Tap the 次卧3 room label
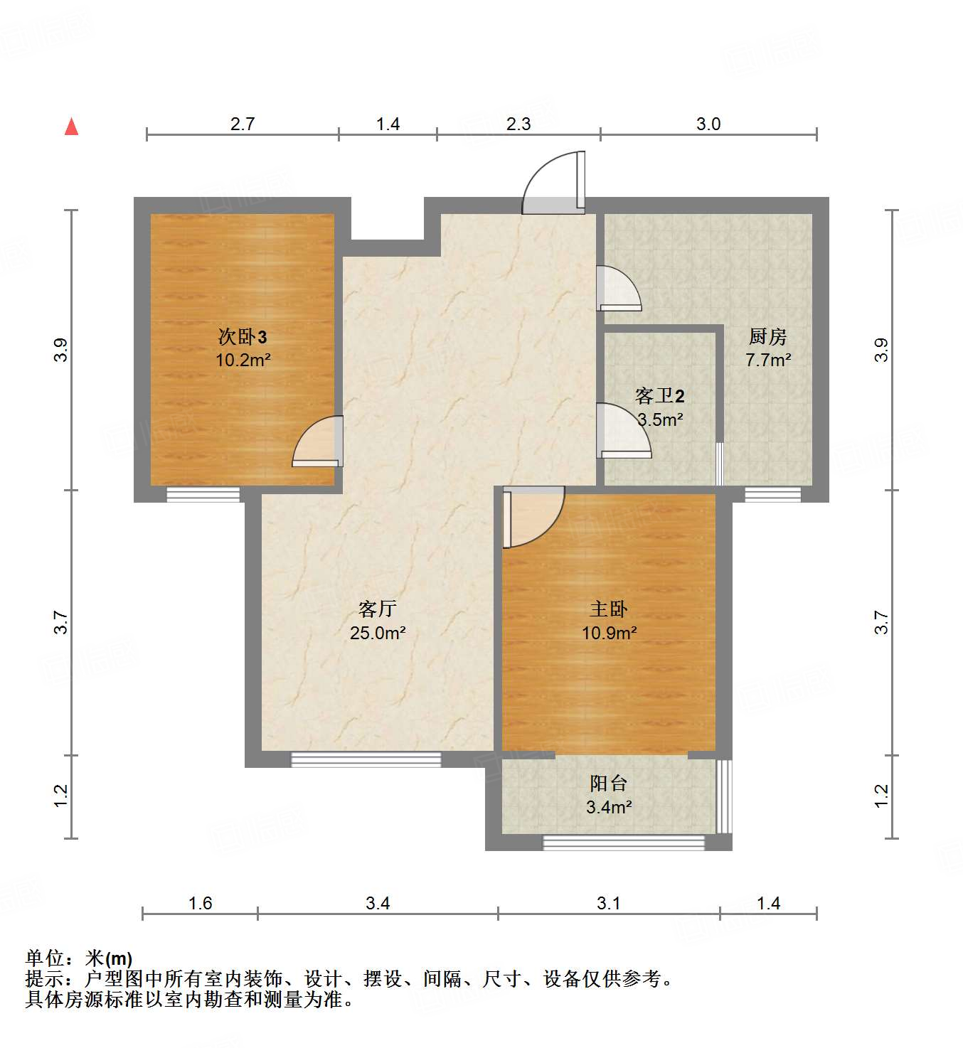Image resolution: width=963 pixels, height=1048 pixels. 243,336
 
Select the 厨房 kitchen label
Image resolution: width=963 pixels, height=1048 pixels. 768,336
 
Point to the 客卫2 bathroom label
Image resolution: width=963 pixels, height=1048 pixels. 659,396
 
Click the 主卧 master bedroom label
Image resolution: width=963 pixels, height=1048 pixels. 609,609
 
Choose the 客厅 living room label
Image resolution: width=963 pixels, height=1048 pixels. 377,609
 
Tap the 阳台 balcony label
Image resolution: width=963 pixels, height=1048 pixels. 609,784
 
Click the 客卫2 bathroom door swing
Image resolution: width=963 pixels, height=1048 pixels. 622,431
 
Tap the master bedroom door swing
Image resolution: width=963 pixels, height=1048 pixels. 532,516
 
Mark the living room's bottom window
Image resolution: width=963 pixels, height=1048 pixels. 366,759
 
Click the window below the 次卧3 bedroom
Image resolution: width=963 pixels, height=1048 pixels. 203,494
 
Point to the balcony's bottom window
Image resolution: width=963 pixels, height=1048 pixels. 624,843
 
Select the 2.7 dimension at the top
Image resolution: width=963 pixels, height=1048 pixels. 243,124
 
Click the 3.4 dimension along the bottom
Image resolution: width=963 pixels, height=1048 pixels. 378,903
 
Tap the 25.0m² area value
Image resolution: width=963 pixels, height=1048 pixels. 378,633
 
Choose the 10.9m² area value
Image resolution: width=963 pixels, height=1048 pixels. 609,633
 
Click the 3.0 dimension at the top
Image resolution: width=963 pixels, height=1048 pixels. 708,124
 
